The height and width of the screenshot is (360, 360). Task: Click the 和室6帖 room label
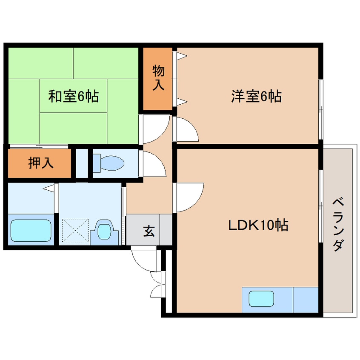73,97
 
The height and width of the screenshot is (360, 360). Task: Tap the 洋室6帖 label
256,97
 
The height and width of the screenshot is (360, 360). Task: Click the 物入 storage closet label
158,77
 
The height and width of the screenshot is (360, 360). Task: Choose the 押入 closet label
41,163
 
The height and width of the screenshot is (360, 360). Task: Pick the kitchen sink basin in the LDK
261,298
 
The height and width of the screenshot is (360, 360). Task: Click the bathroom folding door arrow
49,188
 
